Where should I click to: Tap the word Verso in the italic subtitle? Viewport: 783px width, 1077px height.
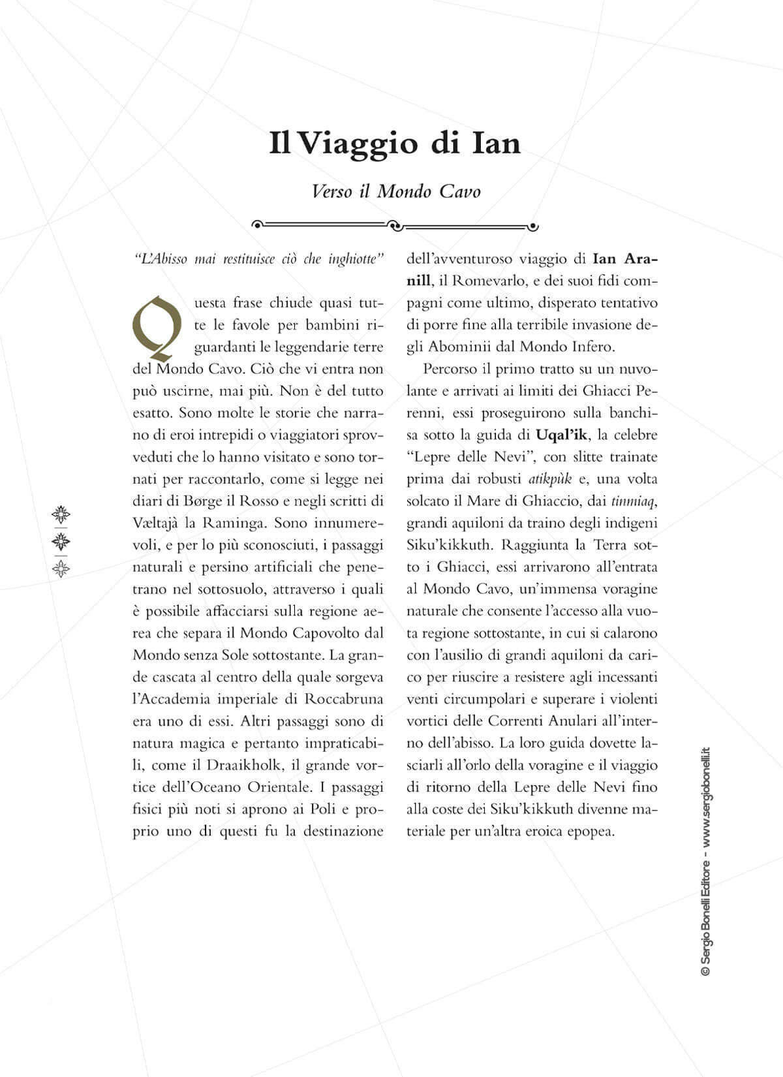[x=332, y=191]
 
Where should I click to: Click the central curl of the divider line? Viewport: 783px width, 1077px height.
[x=395, y=226]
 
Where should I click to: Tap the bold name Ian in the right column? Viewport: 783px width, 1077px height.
[x=604, y=258]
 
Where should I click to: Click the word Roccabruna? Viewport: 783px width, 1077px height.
[x=343, y=699]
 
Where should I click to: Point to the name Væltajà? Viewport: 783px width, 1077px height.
[x=156, y=523]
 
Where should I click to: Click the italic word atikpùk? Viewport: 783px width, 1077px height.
[x=550, y=478]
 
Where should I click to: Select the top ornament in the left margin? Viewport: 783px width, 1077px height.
[x=61, y=515]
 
